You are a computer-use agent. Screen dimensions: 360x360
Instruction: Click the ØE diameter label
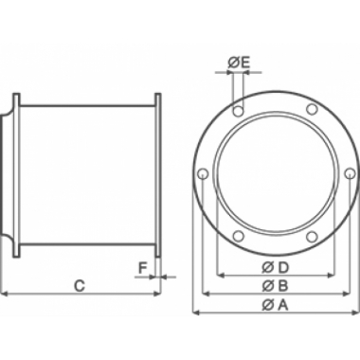pyautogui.click(x=239, y=63)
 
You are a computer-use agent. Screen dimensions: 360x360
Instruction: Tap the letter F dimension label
pyautogui.click(x=142, y=267)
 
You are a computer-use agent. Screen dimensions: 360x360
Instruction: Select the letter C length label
pyautogui.click(x=81, y=284)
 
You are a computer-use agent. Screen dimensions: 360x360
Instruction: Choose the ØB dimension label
pyautogui.click(x=273, y=286)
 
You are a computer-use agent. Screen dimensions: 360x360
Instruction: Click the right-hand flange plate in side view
pyautogui.click(x=156, y=175)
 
